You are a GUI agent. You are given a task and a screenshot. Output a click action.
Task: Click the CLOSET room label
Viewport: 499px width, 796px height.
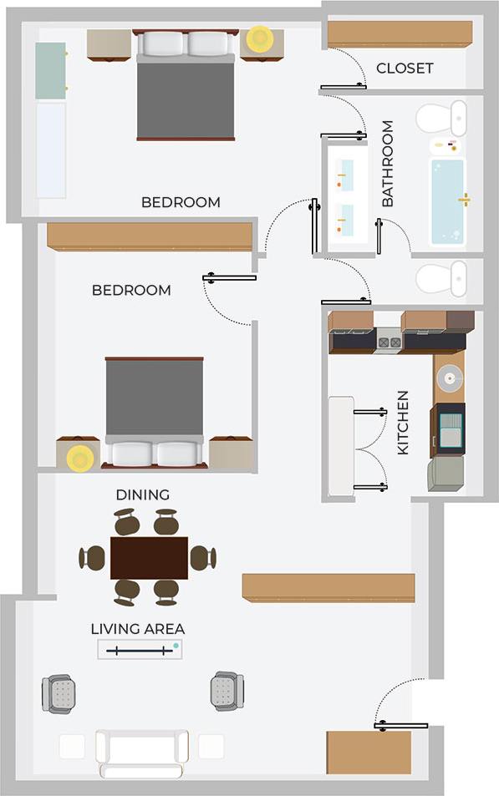pos(405,68)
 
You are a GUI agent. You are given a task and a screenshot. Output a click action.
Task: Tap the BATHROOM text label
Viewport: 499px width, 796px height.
pos(388,164)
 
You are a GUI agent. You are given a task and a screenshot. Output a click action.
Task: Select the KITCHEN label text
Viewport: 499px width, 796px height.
pos(403,423)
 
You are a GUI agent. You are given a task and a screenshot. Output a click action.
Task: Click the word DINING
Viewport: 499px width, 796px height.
pos(142,494)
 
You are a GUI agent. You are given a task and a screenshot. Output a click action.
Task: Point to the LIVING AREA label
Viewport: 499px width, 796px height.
pos(138,628)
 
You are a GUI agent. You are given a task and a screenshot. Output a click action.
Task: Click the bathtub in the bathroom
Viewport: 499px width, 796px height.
pos(448,200)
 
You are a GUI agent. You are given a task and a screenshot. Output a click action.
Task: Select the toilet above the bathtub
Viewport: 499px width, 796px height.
pos(442,118)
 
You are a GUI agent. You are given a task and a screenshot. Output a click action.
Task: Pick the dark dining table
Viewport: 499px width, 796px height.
pos(149,557)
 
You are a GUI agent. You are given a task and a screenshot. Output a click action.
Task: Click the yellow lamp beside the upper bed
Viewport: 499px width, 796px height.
pos(260,38)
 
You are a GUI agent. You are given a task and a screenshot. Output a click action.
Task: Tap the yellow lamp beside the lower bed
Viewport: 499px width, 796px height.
pos(80,458)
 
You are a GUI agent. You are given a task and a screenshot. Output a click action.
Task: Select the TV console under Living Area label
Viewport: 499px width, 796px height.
pos(140,649)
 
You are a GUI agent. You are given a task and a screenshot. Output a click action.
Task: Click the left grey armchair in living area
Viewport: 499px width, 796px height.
pos(59,693)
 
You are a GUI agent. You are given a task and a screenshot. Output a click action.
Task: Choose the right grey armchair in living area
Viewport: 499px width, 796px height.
pos(227,691)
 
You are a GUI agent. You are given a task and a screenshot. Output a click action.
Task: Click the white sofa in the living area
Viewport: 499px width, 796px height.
pos(141,751)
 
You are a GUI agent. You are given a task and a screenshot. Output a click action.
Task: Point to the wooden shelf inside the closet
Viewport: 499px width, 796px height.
pos(400,34)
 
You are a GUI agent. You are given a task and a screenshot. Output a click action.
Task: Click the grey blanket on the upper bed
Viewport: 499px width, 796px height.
pos(186,99)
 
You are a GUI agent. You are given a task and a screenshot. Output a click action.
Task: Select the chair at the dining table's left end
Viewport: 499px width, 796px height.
pos(92,557)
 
